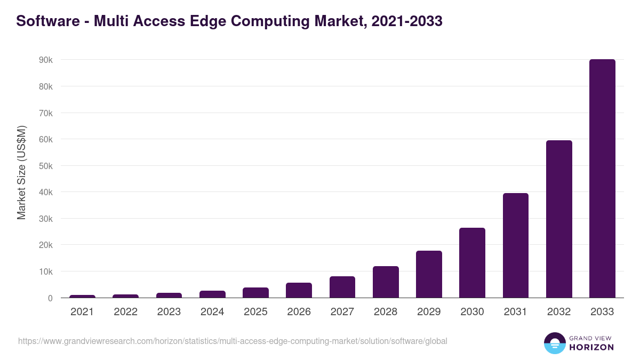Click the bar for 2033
[602, 179]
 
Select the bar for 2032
[559, 219]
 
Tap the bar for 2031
[515, 245]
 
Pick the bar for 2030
[472, 263]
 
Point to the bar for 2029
[429, 274]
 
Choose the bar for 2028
[386, 282]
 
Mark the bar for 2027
[342, 287]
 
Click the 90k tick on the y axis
[45, 60]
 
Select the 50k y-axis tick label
[45, 166]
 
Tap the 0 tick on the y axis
[50, 298]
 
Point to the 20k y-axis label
[45, 245]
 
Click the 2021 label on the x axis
[82, 312]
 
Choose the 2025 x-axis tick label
[255, 312]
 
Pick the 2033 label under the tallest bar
[602, 312]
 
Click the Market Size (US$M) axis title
[21, 172]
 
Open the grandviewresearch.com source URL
[233, 341]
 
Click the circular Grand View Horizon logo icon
[554, 343]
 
